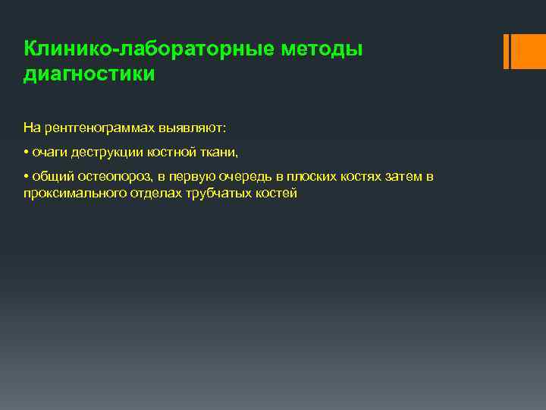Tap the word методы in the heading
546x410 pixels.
(322, 49)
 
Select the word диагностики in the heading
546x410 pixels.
(89, 74)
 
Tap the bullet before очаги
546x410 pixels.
(26, 152)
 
